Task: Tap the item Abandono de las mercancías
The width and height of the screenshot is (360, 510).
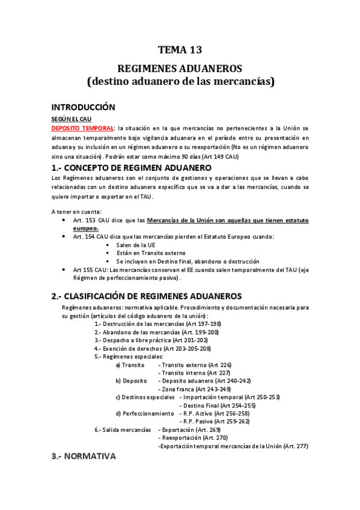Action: point(157,331)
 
